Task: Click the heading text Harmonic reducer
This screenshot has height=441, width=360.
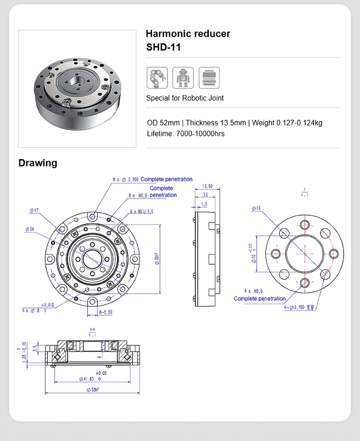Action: (188, 34)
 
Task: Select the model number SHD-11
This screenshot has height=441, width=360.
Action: (163, 48)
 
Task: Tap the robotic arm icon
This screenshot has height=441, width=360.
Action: (156, 78)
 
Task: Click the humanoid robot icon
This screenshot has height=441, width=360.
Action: (183, 78)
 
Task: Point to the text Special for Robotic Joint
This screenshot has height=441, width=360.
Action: (185, 98)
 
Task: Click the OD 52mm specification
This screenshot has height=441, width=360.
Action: (164, 122)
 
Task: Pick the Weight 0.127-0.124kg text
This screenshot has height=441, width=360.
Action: (287, 122)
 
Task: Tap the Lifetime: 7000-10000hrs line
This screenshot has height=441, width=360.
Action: (185, 134)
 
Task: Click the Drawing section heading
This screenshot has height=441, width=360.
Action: (37, 163)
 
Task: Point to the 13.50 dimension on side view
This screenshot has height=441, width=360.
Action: (207, 186)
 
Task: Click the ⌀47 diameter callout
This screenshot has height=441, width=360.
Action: (35, 210)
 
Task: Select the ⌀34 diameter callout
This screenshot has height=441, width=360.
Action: (30, 229)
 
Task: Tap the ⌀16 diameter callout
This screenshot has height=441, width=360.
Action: (255, 208)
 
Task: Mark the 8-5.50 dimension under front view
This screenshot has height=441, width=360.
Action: (105, 312)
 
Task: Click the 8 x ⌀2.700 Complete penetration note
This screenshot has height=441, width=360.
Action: (153, 179)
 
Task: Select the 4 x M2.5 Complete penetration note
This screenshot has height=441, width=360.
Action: (259, 295)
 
